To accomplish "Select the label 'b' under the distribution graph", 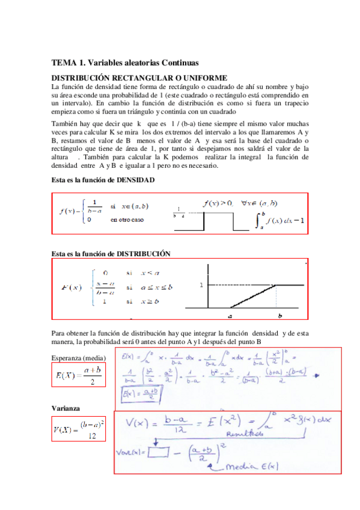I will tap(280, 315).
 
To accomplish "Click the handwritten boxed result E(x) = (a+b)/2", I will tap(138, 395).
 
